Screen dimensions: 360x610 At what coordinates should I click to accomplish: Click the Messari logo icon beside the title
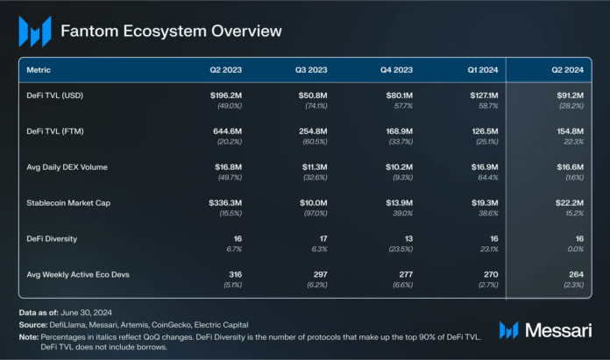34,32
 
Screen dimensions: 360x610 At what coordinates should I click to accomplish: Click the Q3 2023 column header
311,69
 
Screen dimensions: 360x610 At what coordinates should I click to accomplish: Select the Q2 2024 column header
567,69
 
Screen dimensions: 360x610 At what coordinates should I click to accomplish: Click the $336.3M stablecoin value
224,202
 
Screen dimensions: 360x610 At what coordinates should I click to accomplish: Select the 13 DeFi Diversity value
407,238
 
